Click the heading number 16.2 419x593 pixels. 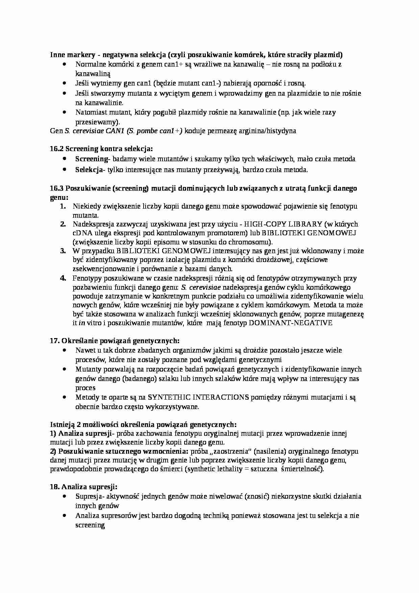[x=57, y=149]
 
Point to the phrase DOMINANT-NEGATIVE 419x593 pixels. [x=290, y=323]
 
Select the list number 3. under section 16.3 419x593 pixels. [x=63, y=251]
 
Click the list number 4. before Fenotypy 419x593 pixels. [x=63, y=278]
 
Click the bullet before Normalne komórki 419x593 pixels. [x=65, y=64]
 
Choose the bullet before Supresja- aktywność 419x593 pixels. [x=65, y=497]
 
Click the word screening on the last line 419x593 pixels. [x=90, y=525]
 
